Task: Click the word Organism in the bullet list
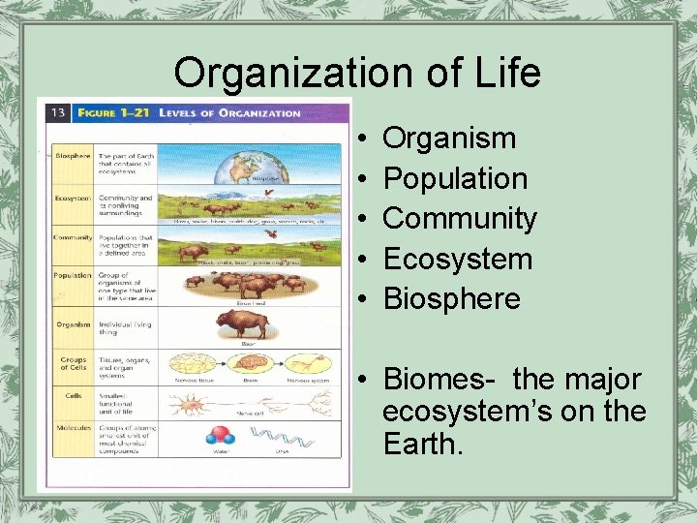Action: (x=449, y=138)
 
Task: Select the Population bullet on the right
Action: (x=455, y=178)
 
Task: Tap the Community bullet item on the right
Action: (x=460, y=219)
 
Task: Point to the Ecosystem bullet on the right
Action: (x=458, y=259)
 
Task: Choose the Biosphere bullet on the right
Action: (x=452, y=298)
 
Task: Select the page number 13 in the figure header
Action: (x=58, y=112)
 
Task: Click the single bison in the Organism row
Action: (x=241, y=323)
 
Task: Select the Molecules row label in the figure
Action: (x=74, y=426)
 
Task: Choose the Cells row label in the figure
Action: (x=74, y=395)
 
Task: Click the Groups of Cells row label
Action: (x=74, y=362)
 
